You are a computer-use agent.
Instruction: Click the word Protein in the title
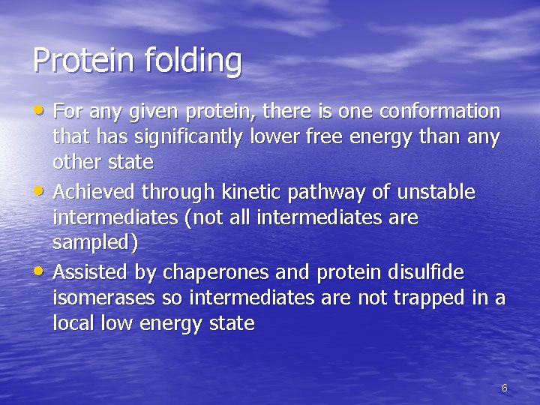tap(79, 60)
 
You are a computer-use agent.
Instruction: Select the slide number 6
tap(504, 388)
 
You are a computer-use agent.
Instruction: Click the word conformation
tap(440, 112)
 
